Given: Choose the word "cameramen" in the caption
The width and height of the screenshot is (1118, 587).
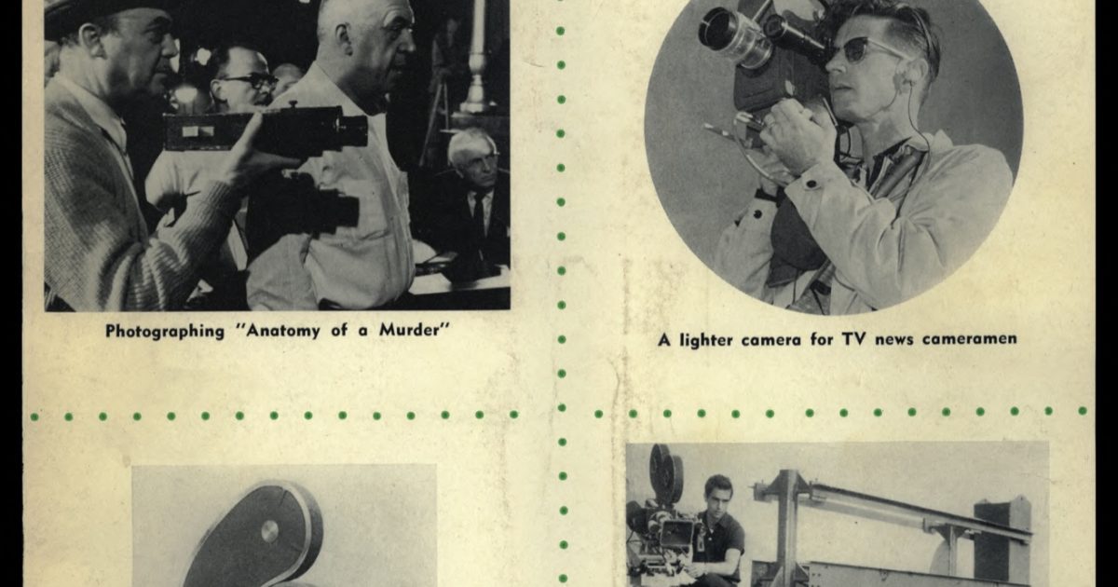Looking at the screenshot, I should pyautogui.click(x=969, y=340).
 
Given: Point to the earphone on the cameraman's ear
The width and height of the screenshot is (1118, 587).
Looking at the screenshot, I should pyautogui.click(x=902, y=77).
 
